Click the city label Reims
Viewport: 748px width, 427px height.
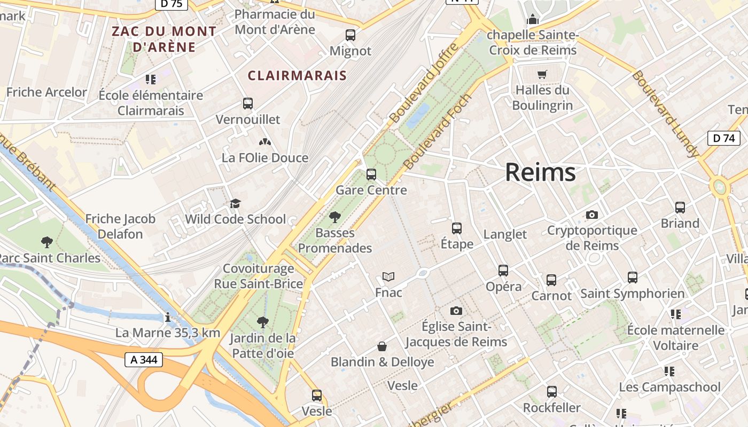[540, 172]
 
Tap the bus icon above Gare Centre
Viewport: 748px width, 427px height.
[371, 175]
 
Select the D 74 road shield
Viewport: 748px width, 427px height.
[723, 138]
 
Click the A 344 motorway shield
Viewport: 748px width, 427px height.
[144, 360]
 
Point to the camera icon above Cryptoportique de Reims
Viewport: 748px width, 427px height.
[591, 215]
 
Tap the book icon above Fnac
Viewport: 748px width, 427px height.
[388, 277]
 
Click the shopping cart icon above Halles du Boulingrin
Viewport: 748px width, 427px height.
[542, 74]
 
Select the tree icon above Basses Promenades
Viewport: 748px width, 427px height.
[335, 217]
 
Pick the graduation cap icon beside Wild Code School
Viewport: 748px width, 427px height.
[235, 203]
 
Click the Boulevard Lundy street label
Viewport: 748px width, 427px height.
[665, 114]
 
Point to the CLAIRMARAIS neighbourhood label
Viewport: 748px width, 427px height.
[297, 76]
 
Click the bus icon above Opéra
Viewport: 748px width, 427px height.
[503, 271]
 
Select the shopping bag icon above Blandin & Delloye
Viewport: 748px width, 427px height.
[382, 346]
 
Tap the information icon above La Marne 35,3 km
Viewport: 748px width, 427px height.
[168, 318]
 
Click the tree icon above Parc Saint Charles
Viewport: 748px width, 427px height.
[47, 242]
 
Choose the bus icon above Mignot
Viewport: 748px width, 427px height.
[350, 35]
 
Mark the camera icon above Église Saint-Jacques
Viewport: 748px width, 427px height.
[456, 311]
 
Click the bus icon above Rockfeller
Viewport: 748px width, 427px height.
[552, 392]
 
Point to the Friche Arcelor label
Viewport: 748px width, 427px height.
[46, 92]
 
